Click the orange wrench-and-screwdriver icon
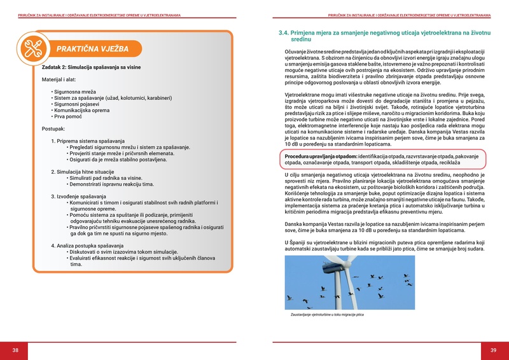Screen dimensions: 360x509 click(34, 48)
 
